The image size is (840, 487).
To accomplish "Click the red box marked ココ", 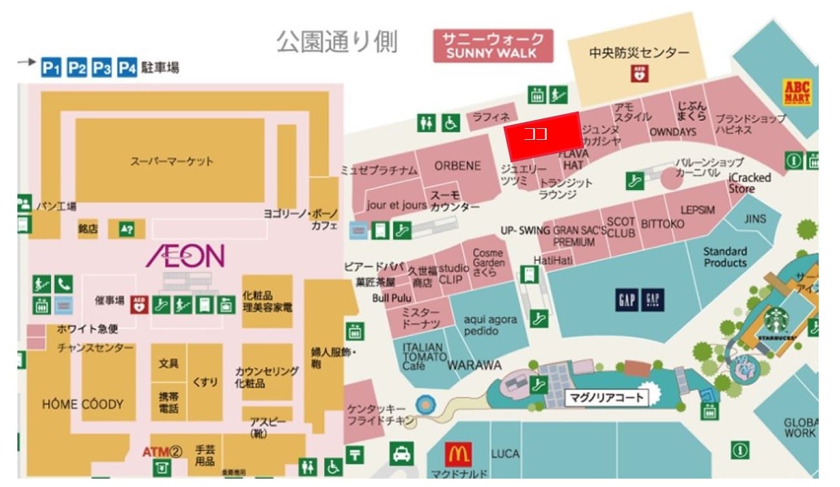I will [542, 136].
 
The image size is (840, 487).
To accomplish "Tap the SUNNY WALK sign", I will [493, 46].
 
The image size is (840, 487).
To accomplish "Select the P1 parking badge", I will [51, 68].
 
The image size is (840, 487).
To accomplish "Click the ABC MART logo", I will [797, 91].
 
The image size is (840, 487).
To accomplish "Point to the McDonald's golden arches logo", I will [458, 455].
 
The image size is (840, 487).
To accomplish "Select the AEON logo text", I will [185, 256].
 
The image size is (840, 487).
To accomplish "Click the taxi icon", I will [402, 455].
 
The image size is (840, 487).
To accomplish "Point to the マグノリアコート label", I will [606, 397].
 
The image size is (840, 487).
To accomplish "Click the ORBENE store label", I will [457, 166].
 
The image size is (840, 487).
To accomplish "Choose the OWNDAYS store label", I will [672, 132].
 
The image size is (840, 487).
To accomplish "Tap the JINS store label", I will [755, 219].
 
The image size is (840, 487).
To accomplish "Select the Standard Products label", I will [725, 257].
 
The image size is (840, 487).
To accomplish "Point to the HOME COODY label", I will [82, 405].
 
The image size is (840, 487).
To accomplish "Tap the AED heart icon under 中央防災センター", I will [640, 73].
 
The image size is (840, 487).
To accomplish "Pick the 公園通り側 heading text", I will [337, 42].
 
